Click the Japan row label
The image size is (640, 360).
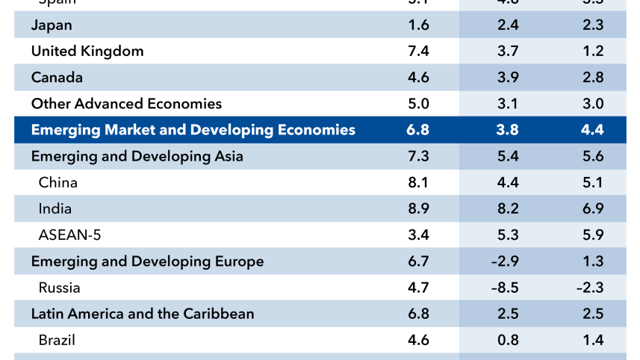[x=52, y=25]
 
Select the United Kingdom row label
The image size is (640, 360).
[x=87, y=52]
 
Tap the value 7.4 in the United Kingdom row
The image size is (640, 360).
[x=418, y=52]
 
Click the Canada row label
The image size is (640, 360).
[x=57, y=78]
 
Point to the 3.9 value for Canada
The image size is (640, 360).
[x=508, y=78]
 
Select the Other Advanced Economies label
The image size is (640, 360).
[x=126, y=104]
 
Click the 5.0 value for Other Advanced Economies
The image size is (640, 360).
[x=418, y=104]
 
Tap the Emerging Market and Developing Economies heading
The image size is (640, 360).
[x=193, y=130]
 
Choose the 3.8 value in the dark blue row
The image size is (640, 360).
[x=508, y=130]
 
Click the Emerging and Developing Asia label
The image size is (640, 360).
[x=137, y=156]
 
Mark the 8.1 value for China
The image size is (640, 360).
[x=418, y=182]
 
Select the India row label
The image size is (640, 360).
[x=55, y=209]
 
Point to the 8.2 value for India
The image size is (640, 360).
[x=508, y=209]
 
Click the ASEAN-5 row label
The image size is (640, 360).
[x=69, y=235]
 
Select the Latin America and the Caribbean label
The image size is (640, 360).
[x=142, y=314]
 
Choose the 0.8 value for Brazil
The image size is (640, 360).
[x=508, y=340]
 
